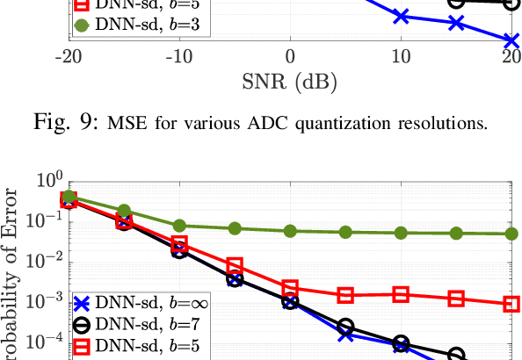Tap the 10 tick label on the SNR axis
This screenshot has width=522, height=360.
(x=401, y=59)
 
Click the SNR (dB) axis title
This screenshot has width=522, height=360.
(x=289, y=85)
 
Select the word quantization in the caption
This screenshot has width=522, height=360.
(x=348, y=122)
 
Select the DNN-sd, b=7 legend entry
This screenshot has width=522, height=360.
(x=140, y=325)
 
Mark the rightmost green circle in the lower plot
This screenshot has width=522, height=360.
(x=511, y=234)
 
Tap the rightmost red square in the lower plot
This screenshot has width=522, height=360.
(x=511, y=304)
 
